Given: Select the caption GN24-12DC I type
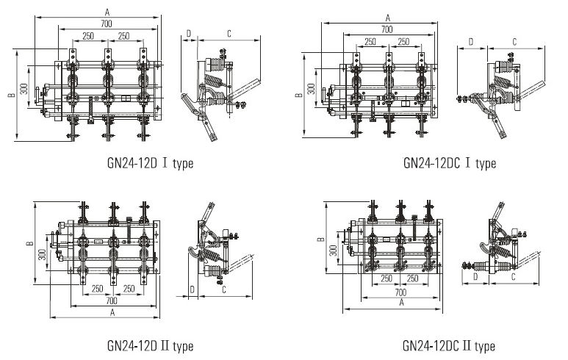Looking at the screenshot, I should click(x=449, y=162).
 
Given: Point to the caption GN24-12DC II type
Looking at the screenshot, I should click(x=448, y=345).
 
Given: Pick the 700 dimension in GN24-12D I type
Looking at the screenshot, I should click(x=109, y=25).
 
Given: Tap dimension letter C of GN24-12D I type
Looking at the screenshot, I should click(x=229, y=33).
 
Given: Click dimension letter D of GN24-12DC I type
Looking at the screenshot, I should click(x=470, y=43).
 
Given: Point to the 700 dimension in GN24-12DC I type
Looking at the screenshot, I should click(x=387, y=29).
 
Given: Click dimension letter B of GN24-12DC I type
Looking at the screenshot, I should click(x=298, y=95).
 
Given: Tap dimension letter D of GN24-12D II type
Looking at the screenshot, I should click(x=192, y=291).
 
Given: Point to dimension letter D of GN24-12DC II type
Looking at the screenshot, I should click(x=475, y=277).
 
